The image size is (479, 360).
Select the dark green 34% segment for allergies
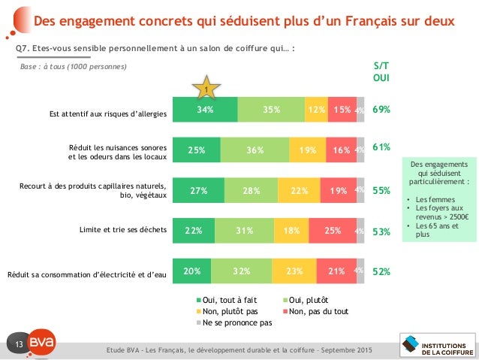[x=205, y=110]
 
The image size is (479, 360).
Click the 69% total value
[x=381, y=110]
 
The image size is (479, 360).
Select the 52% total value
[x=381, y=271]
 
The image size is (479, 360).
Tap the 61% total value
[x=381, y=147]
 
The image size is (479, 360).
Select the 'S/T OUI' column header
[x=381, y=71]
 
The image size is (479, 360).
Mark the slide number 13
[x=21, y=344]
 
